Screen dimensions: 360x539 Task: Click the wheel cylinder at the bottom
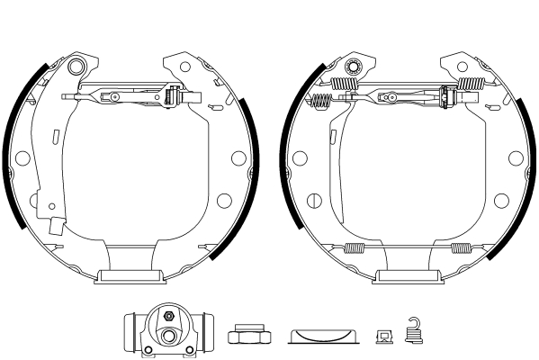click(x=167, y=331)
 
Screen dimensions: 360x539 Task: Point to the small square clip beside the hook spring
click(x=383, y=337)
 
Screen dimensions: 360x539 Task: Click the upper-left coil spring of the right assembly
click(x=344, y=85)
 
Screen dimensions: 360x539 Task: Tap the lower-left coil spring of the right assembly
click(x=356, y=247)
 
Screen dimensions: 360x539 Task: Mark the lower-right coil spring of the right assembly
click(x=462, y=247)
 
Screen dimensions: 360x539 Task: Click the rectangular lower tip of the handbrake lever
click(x=56, y=227)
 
